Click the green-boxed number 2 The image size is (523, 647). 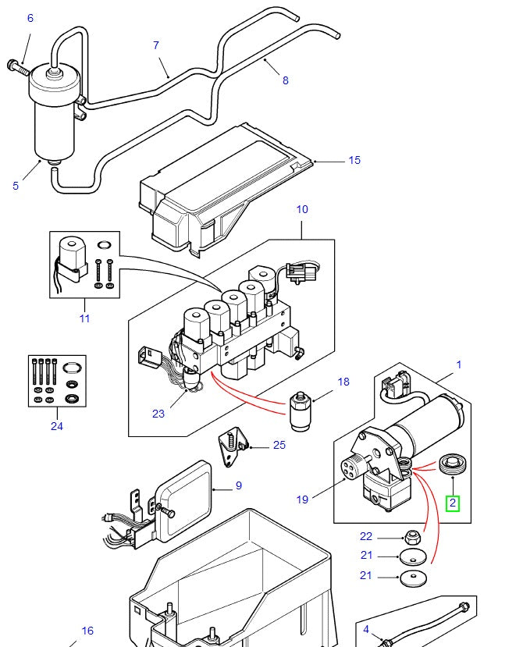tap(453, 503)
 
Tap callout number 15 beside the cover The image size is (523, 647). tap(354, 160)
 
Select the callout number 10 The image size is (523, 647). tap(302, 209)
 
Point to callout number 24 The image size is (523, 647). tap(56, 426)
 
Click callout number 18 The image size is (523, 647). tap(344, 382)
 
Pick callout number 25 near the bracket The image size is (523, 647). tap(279, 446)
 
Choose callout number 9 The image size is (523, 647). tap(238, 485)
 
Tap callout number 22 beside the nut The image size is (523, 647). tap(366, 536)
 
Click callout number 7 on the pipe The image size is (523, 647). tap(155, 45)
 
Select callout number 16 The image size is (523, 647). tap(87, 631)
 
